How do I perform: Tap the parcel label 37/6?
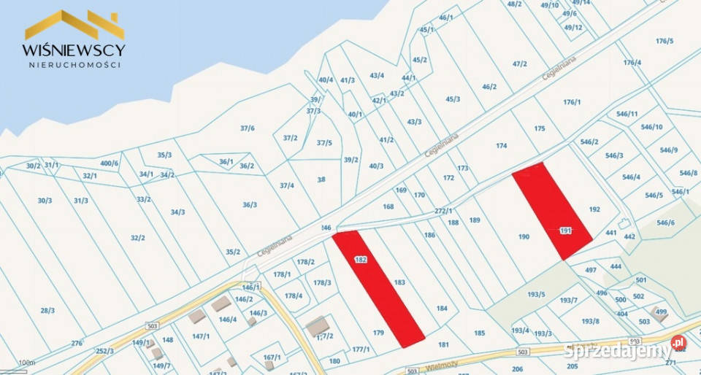pyautogui.click(x=248, y=128)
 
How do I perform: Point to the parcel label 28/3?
pyautogui.click(x=47, y=311)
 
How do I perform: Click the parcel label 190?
pyautogui.click(x=524, y=236)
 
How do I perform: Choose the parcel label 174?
pyautogui.click(x=501, y=146)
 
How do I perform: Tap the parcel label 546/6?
pyautogui.click(x=665, y=223)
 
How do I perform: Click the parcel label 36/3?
pyautogui.click(x=250, y=205)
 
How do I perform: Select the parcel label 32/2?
pyautogui.click(x=138, y=238)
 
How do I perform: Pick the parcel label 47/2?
pyautogui.click(x=519, y=64)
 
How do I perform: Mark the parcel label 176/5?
pyautogui.click(x=664, y=41)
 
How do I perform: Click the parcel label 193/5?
pyautogui.click(x=537, y=295)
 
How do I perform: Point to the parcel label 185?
pyautogui.click(x=479, y=333)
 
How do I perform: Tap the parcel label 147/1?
pyautogui.click(x=201, y=336)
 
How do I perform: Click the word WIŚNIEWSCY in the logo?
pyautogui.click(x=74, y=50)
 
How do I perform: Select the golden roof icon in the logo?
pyautogui.click(x=74, y=24)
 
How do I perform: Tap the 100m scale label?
pyautogui.click(x=26, y=363)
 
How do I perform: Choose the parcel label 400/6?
pyautogui.click(x=109, y=163)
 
